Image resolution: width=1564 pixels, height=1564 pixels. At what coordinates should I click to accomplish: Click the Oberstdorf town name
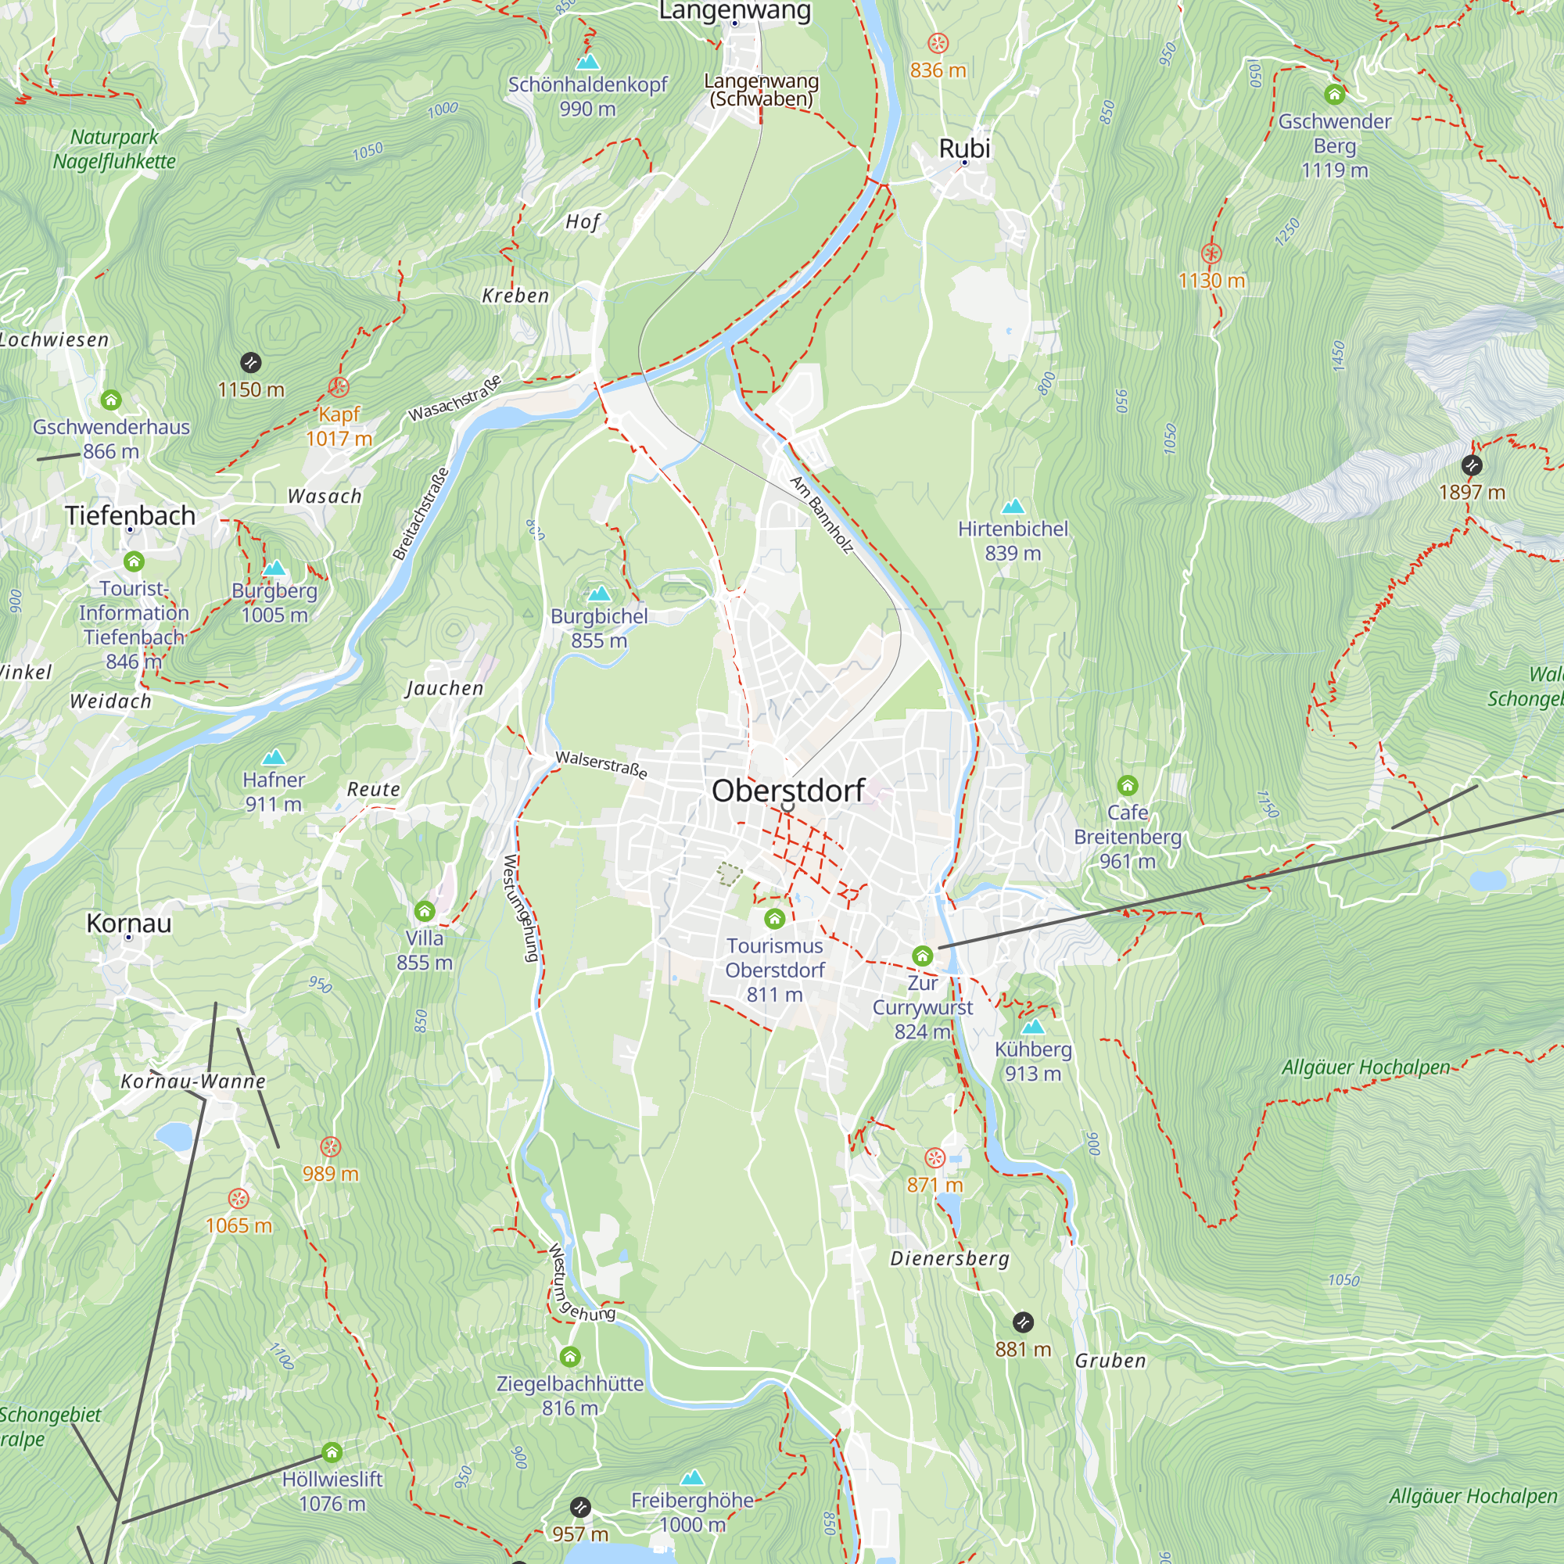pos(787,791)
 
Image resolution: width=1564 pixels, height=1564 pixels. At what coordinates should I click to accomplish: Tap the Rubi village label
pos(964,148)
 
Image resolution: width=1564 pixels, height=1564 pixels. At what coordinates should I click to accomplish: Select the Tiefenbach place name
pos(131,515)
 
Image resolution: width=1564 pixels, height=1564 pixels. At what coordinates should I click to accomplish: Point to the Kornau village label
pos(129,923)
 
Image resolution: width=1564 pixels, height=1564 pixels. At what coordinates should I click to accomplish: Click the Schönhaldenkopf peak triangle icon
pos(588,62)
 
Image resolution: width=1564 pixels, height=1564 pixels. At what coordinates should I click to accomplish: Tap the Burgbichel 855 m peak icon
pos(599,594)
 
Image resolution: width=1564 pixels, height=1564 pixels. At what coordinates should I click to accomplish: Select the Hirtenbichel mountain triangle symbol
pos(1013,507)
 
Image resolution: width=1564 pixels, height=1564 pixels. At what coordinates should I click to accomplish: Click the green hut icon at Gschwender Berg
pos(1334,95)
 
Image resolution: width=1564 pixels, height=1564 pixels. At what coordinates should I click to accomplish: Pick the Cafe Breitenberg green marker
pos(1127,785)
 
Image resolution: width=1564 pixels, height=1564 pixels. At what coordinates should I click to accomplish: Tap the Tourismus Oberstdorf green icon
pos(775,918)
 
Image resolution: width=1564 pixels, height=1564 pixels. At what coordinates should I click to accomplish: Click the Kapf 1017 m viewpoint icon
pos(339,386)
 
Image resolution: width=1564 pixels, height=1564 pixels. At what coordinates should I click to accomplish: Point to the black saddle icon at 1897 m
pos(1472,465)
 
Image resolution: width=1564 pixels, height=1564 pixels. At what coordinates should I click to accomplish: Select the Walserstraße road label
pos(601,765)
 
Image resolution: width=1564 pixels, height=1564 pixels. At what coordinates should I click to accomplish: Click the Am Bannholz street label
pos(822,515)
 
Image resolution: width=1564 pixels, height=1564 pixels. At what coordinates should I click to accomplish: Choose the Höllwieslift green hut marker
pos(332,1452)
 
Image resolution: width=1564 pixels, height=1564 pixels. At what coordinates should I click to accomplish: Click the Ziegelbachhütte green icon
pos(570,1356)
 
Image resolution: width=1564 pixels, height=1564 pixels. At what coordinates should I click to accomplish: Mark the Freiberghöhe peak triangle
pos(692,1477)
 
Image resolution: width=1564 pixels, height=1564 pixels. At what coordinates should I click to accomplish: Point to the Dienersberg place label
pos(949,1259)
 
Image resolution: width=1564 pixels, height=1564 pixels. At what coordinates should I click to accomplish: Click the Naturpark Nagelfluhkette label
pos(114,149)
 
